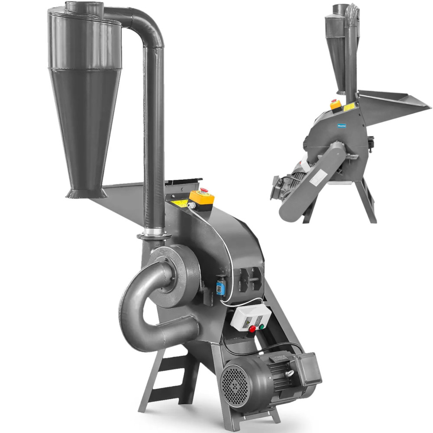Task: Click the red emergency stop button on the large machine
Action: click(204, 191)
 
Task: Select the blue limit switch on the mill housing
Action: click(221, 287)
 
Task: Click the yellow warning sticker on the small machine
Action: click(349, 107)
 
